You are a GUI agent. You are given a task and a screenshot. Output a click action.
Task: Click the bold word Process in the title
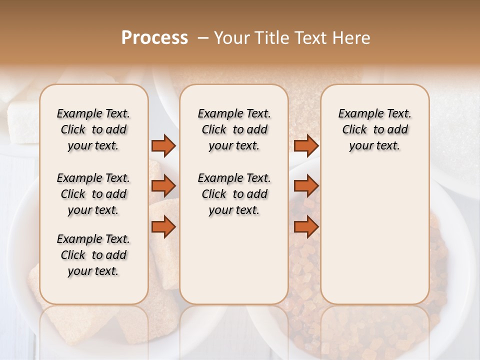pos(154,38)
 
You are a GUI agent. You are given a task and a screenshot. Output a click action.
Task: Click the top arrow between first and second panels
pos(163,145)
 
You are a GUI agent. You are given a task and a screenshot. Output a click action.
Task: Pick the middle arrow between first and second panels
pos(163,186)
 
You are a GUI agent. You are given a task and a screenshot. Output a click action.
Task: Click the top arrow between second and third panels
pos(306,145)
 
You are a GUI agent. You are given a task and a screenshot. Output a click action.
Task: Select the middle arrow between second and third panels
pos(306,186)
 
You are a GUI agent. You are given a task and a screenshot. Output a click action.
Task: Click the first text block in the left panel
pos(93,129)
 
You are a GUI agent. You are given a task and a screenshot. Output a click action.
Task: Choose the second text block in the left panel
pos(93,194)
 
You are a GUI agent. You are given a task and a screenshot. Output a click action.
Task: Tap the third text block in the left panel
pos(93,255)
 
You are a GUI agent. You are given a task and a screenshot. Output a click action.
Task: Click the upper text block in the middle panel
pos(234,129)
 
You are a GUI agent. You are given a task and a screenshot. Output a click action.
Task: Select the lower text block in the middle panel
pos(234,194)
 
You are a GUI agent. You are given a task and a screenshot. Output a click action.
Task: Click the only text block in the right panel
pos(374,129)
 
